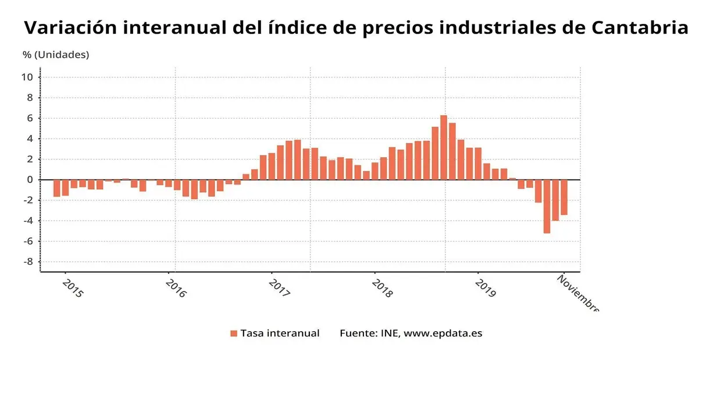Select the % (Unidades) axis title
(56, 55)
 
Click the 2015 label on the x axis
(73, 288)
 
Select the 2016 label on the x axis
(176, 288)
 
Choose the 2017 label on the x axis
(279, 288)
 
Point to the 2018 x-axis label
(382, 288)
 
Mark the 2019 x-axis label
(485, 288)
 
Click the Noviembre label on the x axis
(577, 293)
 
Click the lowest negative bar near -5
(547, 207)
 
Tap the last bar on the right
(564, 197)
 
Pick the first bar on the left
(57, 188)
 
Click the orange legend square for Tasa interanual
(234, 333)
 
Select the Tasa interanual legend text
(280, 333)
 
